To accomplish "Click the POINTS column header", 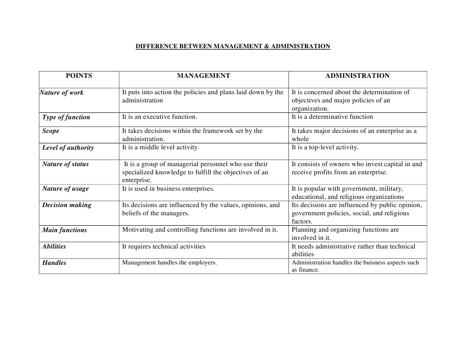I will click(79, 76).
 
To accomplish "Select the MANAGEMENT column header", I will click(204, 76).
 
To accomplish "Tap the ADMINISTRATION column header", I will click(358, 76).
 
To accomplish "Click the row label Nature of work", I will click(62, 93).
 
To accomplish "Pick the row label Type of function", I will click(66, 117).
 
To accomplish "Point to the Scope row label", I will click(51, 131).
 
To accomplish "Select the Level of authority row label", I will click(68, 148).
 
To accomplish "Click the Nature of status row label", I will click(66, 164).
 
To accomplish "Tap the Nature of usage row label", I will click(66, 189).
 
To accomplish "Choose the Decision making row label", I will click(67, 205).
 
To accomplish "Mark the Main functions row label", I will click(65, 230).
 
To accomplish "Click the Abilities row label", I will click(54, 247).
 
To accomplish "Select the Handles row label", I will click(54, 263).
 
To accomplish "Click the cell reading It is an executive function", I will click(159, 117).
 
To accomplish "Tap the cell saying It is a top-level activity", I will click(325, 147).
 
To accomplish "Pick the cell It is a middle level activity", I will click(160, 147).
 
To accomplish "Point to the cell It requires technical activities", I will click(164, 247).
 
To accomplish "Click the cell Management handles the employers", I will click(169, 263).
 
